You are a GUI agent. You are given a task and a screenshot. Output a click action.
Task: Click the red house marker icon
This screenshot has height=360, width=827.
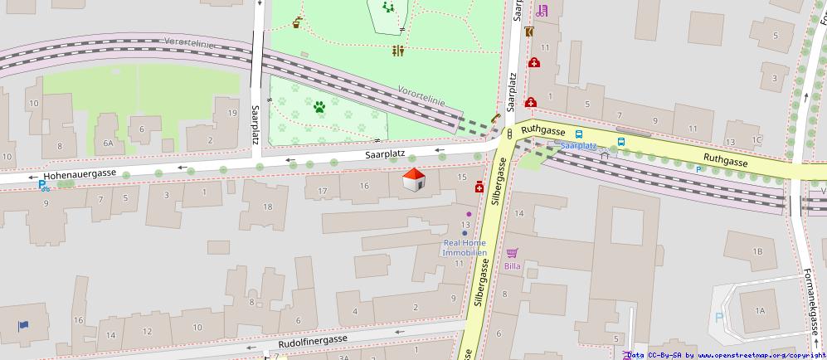[414, 180]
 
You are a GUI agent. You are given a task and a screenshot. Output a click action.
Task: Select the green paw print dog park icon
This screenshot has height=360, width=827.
[319, 106]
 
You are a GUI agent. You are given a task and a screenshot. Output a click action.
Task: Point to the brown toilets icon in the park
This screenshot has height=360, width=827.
[398, 51]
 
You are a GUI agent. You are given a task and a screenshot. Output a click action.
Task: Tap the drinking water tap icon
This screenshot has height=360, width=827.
[297, 22]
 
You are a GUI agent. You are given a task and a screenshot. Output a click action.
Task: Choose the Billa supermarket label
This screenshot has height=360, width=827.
[513, 266]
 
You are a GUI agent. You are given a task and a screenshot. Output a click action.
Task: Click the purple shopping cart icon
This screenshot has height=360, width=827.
[513, 252]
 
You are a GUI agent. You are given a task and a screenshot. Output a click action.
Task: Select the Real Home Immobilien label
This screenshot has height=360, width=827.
[465, 247]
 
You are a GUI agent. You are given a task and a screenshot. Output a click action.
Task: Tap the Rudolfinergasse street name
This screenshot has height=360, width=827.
[312, 340]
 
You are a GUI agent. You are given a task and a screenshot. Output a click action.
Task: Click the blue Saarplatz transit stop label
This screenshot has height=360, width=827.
[577, 145]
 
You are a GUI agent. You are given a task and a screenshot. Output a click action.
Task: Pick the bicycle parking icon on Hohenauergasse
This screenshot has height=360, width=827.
[43, 186]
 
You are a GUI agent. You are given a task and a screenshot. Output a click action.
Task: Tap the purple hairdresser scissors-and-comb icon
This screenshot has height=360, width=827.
[542, 11]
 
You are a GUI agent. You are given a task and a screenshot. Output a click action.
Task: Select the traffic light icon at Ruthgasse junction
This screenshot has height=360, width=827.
[509, 133]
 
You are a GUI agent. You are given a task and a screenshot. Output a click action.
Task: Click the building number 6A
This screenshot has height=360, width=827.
[108, 143]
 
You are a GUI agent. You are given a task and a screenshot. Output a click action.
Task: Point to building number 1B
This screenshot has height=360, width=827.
[756, 251]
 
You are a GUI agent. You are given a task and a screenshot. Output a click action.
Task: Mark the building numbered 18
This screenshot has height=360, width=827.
[268, 207]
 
